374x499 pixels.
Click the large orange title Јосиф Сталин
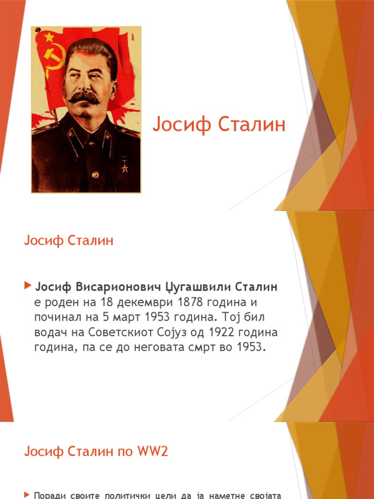219,125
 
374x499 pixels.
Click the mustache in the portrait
84,96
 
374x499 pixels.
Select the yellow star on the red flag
49,37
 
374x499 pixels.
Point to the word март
127,317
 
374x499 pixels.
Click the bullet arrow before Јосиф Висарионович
27,284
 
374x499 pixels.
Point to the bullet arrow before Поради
27,495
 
